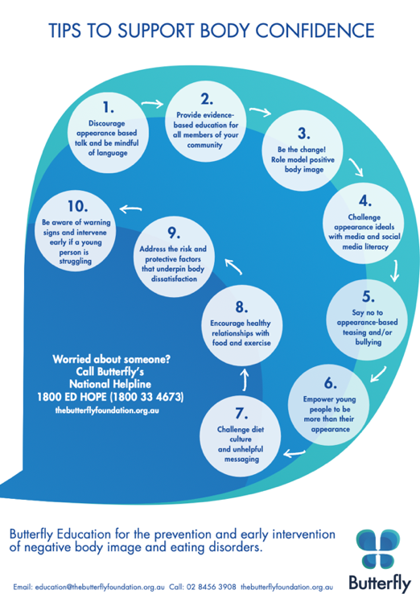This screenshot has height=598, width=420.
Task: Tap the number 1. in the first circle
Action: click(x=109, y=107)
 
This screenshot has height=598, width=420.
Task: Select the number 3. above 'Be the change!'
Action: click(x=304, y=133)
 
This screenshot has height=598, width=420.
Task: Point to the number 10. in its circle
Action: click(x=78, y=206)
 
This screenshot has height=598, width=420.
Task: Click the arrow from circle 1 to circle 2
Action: click(x=152, y=103)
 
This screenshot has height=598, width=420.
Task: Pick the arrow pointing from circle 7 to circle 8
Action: click(x=245, y=379)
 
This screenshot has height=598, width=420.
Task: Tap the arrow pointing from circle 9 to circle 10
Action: click(x=130, y=208)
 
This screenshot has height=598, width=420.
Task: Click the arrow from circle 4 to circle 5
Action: click(x=395, y=270)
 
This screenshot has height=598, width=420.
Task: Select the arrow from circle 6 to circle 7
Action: click(x=294, y=453)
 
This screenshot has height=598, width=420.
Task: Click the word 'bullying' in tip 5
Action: click(x=369, y=342)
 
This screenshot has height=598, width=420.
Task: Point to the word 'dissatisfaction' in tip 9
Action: click(x=174, y=278)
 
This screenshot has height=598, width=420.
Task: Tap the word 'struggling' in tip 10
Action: click(x=76, y=262)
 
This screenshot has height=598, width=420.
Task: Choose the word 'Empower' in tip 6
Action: click(x=318, y=399)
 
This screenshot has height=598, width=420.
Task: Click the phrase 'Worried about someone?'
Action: click(x=111, y=359)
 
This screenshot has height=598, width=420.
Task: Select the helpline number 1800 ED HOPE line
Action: click(x=110, y=397)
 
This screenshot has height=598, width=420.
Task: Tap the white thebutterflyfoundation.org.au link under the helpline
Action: click(x=107, y=410)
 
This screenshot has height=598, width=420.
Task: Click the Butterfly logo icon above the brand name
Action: click(x=378, y=548)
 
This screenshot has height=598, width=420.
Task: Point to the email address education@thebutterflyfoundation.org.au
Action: click(x=100, y=587)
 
